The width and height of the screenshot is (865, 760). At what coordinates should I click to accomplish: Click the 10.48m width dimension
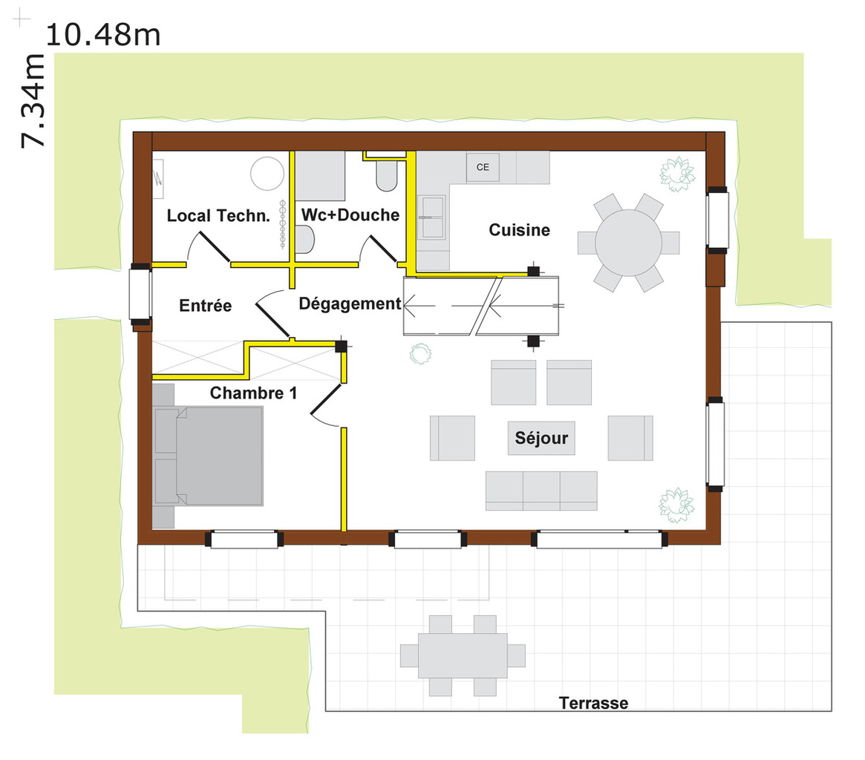pos(103,35)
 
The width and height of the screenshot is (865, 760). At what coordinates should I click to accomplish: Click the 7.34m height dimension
pos(33,101)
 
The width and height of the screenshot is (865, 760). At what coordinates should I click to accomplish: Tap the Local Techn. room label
pos(218,216)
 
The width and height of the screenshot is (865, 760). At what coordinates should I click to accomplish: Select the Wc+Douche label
pos(350,214)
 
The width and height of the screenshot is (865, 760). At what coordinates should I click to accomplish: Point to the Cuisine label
pos(519,230)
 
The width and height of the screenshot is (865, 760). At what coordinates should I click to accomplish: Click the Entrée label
pos(205,305)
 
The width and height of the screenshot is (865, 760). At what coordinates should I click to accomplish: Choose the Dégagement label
pos(350,304)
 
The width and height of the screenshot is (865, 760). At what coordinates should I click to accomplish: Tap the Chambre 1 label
pos(253,393)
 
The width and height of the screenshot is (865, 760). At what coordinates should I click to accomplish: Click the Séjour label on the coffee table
pos(541,438)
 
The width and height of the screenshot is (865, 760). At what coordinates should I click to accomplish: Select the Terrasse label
pos(593,703)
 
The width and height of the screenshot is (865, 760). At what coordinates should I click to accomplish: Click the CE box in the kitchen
pos(483,167)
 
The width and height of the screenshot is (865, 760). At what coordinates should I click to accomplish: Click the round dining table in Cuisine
pos(628,243)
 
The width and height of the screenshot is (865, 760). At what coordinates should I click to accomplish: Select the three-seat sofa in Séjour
pos(541,491)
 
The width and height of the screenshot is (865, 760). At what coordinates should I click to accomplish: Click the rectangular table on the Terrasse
pos(463,656)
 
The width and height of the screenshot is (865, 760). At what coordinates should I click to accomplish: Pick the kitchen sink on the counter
pos(433,217)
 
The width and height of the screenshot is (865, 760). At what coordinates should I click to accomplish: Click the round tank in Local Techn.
pos(267,174)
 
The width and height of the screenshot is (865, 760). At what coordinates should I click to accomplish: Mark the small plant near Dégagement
pos(420,353)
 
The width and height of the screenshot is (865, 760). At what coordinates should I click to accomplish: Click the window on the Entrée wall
pos(140,294)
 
